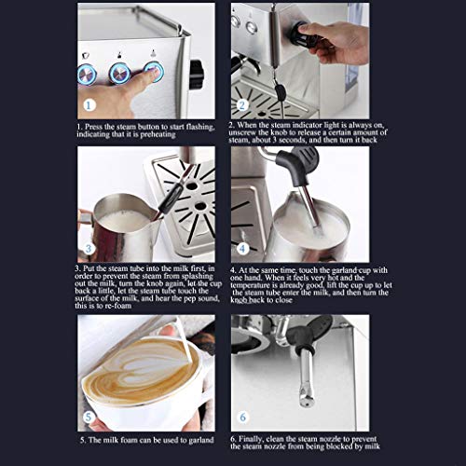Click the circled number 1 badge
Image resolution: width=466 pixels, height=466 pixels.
(x=89, y=105)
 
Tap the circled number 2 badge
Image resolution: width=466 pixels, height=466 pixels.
(x=242, y=105)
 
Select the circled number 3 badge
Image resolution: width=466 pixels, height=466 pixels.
(x=89, y=249)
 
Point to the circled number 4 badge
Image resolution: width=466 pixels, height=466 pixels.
(x=242, y=249)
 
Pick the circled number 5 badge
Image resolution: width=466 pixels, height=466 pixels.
(x=89, y=417)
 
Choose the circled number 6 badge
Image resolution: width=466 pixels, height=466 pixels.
(x=243, y=417)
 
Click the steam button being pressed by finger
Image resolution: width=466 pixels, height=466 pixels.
(x=154, y=72)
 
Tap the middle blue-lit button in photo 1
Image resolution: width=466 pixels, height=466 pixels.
(x=119, y=74)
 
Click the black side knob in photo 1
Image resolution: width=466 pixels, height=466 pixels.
(x=197, y=74)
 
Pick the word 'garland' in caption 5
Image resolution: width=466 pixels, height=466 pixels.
(x=201, y=441)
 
